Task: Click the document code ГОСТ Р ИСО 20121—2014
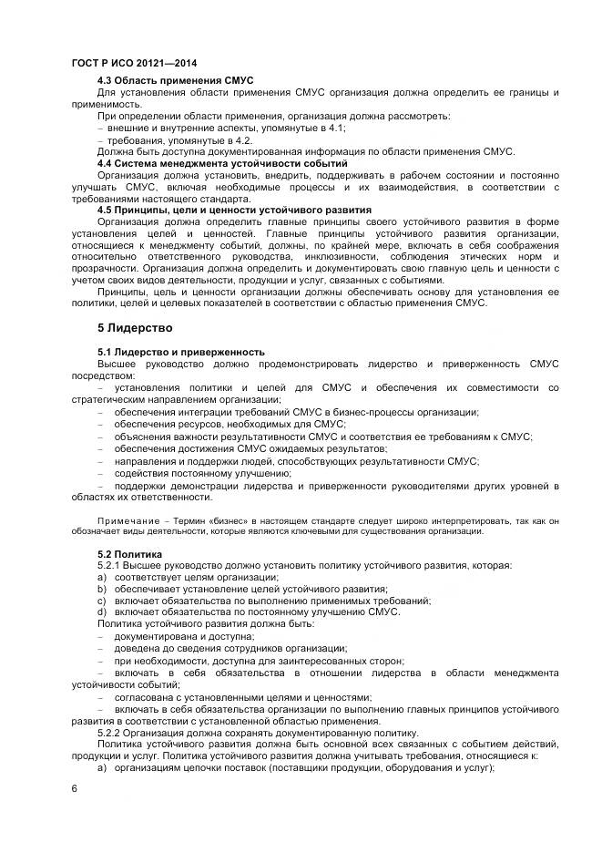click(x=134, y=64)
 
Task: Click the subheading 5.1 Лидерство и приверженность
click(x=181, y=351)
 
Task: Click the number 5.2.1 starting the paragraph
click(x=110, y=565)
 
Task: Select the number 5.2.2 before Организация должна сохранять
click(x=110, y=733)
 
